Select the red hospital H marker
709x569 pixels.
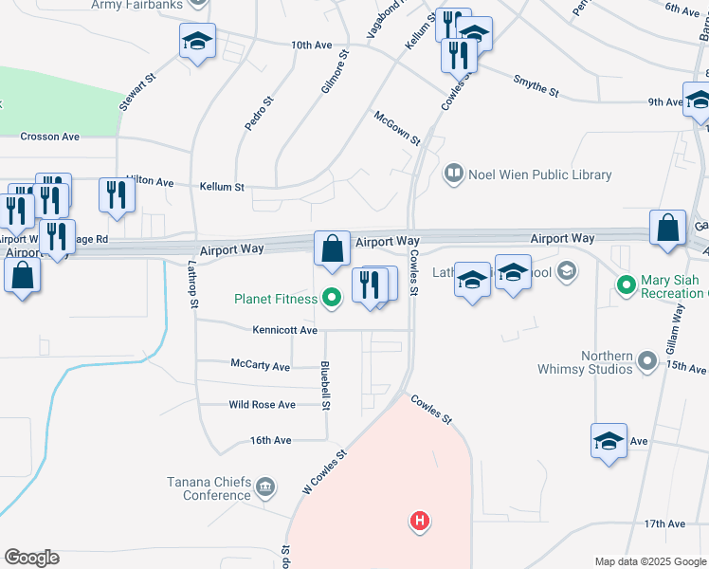coord(419,521)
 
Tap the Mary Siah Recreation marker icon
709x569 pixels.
coord(626,284)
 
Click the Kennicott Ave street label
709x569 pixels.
coord(284,330)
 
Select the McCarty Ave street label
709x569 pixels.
coord(261,363)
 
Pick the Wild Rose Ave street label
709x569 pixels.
coord(263,405)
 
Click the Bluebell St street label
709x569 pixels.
coord(325,385)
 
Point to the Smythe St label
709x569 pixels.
coord(536,86)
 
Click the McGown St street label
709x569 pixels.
coord(396,127)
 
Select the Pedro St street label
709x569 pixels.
coord(258,113)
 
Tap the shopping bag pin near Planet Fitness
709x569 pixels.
coord(333,249)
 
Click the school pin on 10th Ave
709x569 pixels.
coord(198,42)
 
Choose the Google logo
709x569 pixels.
coord(31,558)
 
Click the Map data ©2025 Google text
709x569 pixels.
coord(649,561)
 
